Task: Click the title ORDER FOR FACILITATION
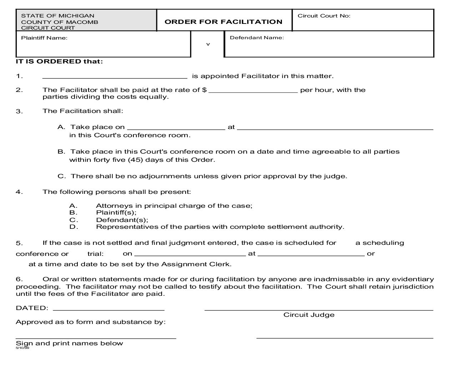click(x=223, y=22)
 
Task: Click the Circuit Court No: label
click(x=324, y=16)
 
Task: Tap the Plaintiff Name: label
click(x=44, y=38)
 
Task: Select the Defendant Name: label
click(x=257, y=37)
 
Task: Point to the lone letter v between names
click(x=208, y=45)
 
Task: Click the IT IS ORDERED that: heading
click(x=59, y=61)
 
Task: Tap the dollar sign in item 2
click(x=204, y=90)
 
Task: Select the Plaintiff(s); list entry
click(x=116, y=213)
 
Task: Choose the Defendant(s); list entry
click(x=122, y=220)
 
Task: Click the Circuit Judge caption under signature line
click(x=309, y=315)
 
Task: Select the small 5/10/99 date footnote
click(x=22, y=348)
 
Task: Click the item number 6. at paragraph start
click(x=19, y=279)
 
